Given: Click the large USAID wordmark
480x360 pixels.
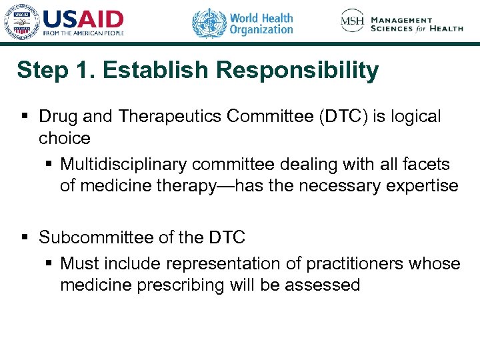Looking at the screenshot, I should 83,19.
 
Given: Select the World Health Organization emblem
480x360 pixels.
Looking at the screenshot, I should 209,23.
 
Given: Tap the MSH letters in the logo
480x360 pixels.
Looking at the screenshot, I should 352,22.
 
